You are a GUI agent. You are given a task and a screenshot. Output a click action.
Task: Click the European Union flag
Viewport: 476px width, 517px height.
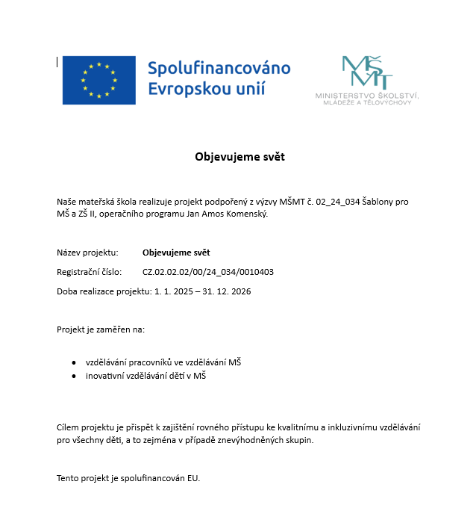99,80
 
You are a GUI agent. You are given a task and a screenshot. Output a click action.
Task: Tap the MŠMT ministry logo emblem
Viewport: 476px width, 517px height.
366,72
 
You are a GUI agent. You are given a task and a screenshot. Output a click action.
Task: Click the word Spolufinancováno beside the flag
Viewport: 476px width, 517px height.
219,69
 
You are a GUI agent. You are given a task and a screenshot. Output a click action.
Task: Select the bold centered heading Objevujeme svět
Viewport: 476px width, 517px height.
239,157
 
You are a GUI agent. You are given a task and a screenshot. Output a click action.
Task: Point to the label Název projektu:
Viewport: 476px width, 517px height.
87,253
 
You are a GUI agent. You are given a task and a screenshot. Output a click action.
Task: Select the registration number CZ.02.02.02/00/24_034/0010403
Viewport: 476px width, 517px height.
213,272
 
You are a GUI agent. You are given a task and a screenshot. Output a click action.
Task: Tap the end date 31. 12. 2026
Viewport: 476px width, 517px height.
230,291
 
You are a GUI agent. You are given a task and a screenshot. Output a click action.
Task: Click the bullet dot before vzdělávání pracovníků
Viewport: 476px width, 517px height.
73,362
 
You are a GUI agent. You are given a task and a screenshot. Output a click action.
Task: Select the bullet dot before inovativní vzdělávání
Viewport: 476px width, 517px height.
73,377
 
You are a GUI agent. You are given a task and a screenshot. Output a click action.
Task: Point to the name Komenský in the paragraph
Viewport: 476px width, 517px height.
245,214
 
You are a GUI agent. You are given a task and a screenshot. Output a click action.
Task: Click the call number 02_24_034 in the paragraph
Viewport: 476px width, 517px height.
338,202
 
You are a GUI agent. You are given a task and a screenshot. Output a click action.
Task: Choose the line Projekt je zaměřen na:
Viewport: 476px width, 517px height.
101,329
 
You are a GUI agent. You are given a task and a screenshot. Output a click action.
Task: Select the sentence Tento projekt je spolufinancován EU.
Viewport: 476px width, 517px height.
128,478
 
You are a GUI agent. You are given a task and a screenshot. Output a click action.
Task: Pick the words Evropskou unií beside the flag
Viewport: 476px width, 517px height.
206,90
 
